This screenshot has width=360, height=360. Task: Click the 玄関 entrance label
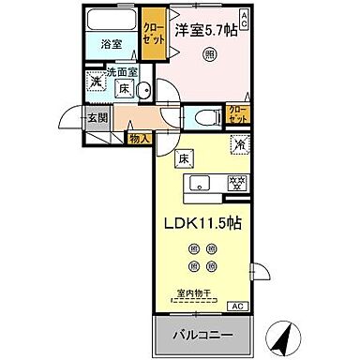tap(97, 118)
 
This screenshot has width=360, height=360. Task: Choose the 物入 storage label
tap(138, 139)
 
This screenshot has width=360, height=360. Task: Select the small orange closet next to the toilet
tap(238, 115)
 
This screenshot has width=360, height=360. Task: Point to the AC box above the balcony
tap(236, 304)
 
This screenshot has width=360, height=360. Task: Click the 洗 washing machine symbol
tap(96, 82)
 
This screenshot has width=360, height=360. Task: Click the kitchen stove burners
tap(238, 182)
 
